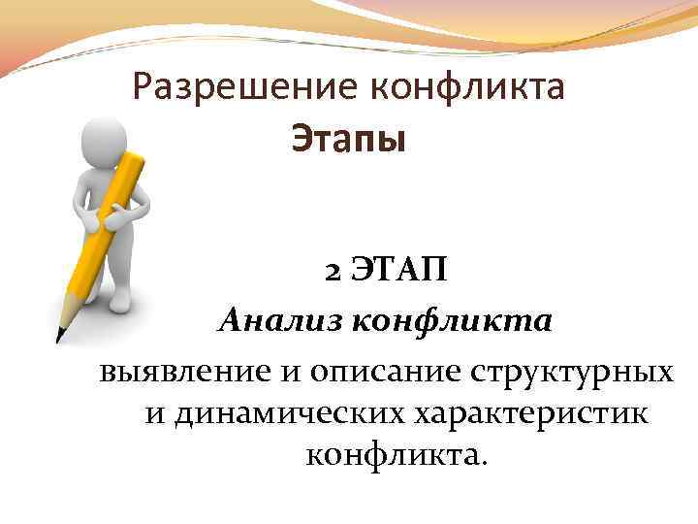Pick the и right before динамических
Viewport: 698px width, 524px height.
155,414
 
